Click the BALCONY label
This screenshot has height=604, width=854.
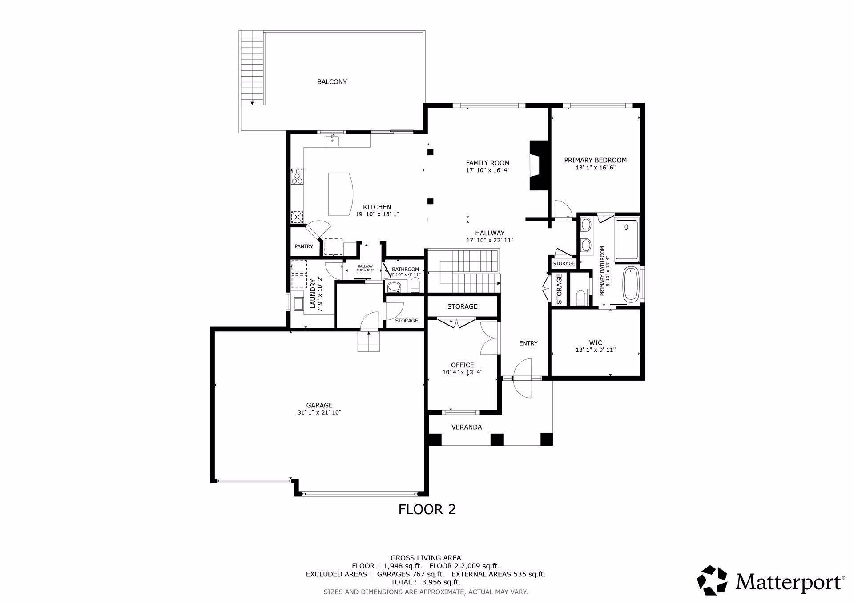click(x=332, y=82)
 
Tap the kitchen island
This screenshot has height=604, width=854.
click(x=340, y=194)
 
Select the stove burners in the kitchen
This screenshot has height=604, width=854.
click(x=297, y=176)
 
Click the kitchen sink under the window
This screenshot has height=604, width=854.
click(x=332, y=141)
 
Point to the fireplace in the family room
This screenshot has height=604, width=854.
click(x=538, y=166)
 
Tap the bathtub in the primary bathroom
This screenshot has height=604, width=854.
click(x=630, y=284)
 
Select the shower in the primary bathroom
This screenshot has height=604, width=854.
click(x=626, y=239)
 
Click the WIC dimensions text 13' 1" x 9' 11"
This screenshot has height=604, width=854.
click(x=595, y=350)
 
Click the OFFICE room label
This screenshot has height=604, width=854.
click(x=462, y=365)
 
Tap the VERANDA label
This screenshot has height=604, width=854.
click(x=467, y=427)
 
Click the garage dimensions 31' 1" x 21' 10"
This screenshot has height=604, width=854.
click(x=319, y=412)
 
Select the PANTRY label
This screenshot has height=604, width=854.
click(x=304, y=246)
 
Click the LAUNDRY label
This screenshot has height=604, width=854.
click(x=313, y=294)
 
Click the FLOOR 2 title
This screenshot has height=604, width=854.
click(x=427, y=509)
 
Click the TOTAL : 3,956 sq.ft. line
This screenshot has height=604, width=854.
click(x=425, y=582)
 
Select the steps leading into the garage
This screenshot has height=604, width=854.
click(x=369, y=342)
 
